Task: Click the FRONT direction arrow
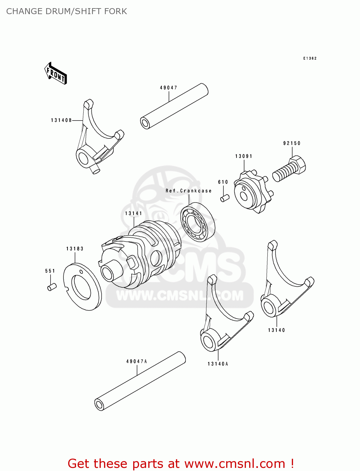(56, 73)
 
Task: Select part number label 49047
(168, 88)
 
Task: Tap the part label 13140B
(61, 120)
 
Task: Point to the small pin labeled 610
(225, 198)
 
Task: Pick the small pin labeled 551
(52, 287)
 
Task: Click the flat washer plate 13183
(82, 286)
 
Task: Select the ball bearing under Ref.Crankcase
(198, 222)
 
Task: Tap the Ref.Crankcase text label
(188, 191)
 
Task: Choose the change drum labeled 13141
(141, 254)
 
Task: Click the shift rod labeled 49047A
(140, 381)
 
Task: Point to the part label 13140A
(218, 364)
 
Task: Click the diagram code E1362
(310, 58)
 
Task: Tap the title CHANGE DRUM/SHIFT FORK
(67, 11)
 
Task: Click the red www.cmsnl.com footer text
(181, 463)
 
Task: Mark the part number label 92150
(292, 143)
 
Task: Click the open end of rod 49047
(145, 123)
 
